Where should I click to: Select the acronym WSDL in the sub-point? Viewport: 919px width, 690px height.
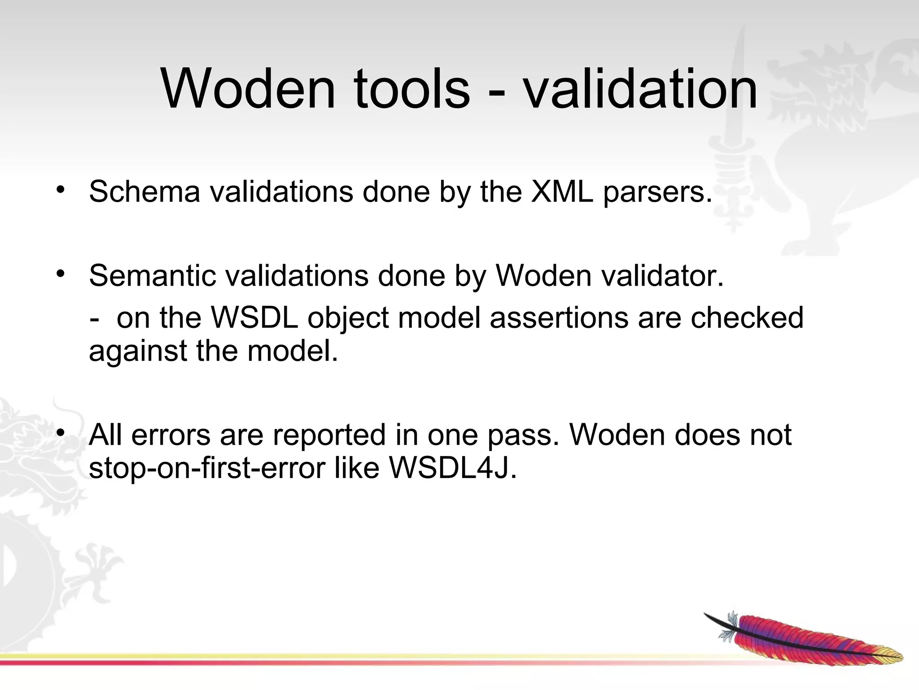tap(254, 318)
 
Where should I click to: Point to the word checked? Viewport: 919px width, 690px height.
tap(747, 318)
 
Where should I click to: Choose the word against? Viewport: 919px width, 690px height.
tap(138, 352)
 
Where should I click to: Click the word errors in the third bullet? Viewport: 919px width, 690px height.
tap(171, 435)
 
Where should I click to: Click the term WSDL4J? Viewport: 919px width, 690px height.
tap(453, 469)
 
